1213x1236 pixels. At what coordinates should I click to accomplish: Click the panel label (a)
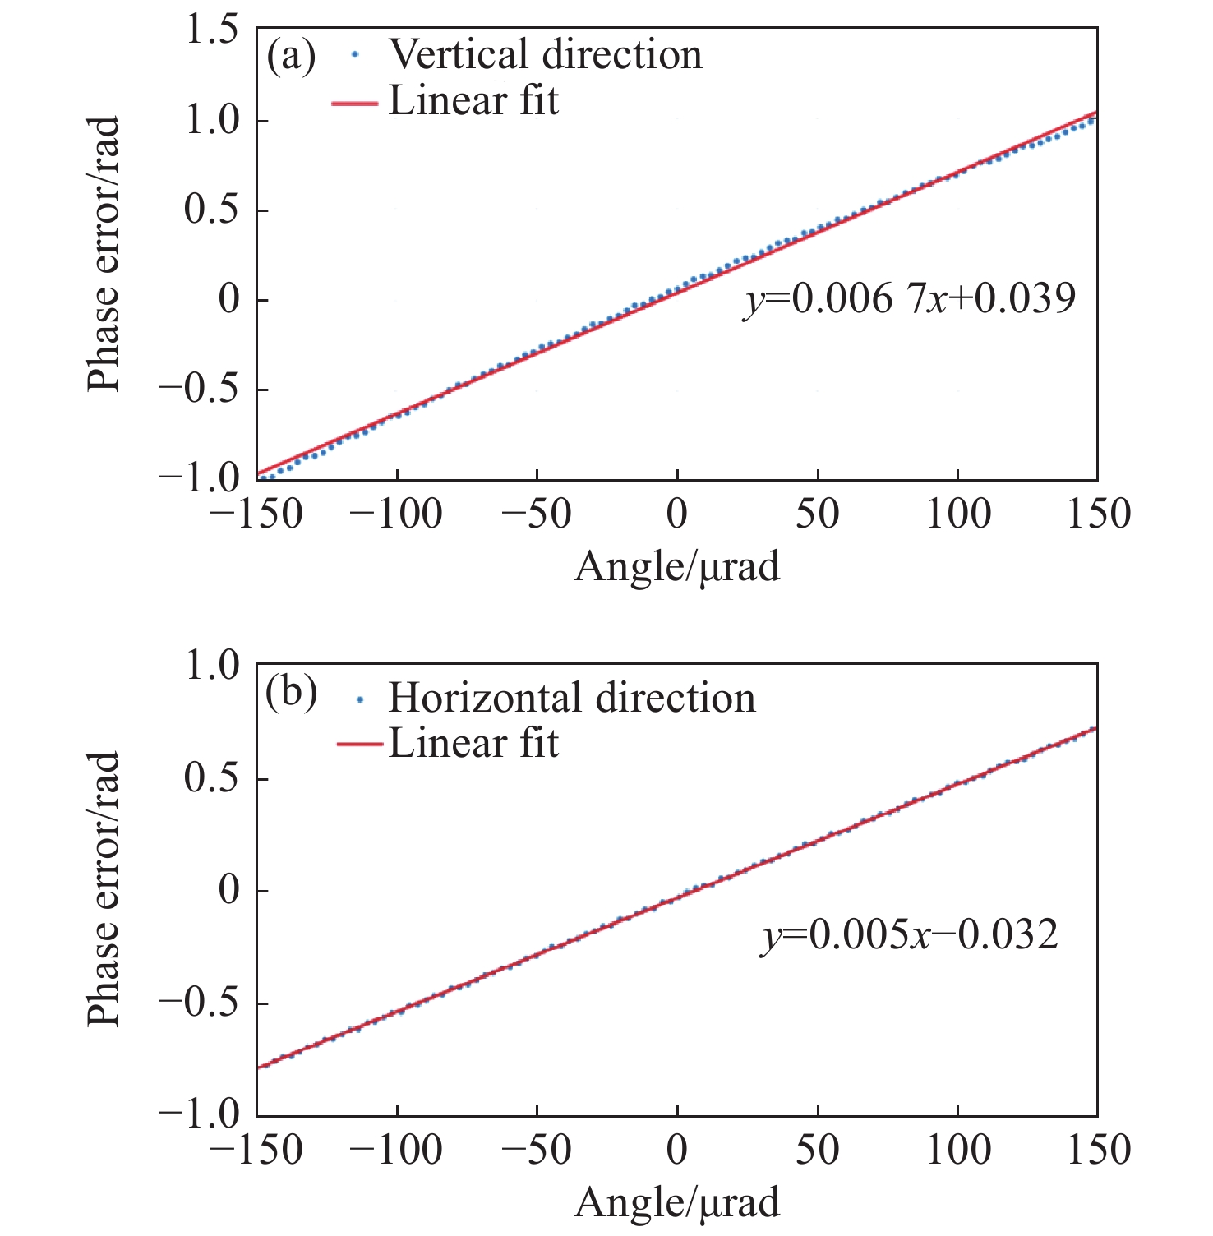coord(291,56)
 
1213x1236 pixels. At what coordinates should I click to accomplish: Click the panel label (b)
coord(291,694)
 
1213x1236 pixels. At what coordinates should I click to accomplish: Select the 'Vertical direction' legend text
coord(545,55)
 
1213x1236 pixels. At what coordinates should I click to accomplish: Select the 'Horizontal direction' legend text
coord(571,698)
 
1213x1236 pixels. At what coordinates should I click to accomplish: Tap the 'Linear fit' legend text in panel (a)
coord(473,102)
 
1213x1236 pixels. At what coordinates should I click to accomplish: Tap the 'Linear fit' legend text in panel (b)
coord(473,744)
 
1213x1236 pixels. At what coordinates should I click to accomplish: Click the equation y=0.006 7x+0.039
coord(909,299)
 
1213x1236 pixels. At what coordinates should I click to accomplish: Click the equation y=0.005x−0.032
coord(909,935)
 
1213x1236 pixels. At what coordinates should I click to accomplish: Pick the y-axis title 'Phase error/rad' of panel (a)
coord(104,254)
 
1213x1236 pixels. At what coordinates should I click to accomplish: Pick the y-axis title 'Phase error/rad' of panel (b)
coord(104,889)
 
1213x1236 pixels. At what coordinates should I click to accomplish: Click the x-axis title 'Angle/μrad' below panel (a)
coord(676,567)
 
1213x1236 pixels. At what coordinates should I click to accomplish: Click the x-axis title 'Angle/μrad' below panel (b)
coord(676,1203)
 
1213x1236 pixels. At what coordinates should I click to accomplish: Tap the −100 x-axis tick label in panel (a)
coord(396,515)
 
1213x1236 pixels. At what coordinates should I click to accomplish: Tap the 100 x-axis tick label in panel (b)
coord(958,1151)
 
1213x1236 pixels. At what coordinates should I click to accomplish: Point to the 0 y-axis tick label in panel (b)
coord(230,891)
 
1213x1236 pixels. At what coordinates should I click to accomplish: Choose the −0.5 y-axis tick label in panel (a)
coord(198,389)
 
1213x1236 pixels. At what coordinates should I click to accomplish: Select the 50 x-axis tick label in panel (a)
coord(818,515)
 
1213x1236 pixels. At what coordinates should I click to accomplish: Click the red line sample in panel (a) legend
coord(355,104)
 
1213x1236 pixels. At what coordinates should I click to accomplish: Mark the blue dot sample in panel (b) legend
coord(359,699)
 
